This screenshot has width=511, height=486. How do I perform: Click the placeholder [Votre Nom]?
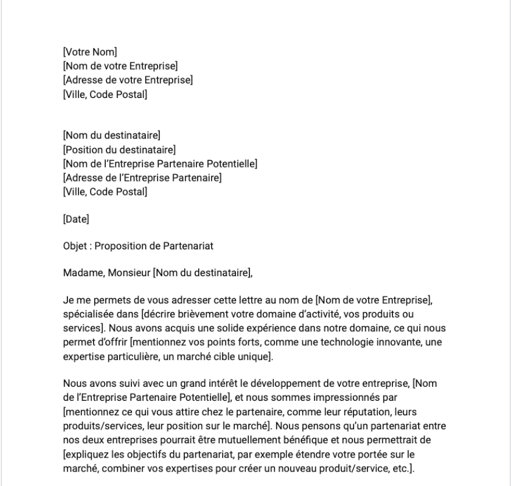[90, 53]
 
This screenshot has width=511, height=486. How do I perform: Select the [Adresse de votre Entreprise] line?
[128, 81]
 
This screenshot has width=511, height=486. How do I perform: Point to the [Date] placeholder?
[76, 220]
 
